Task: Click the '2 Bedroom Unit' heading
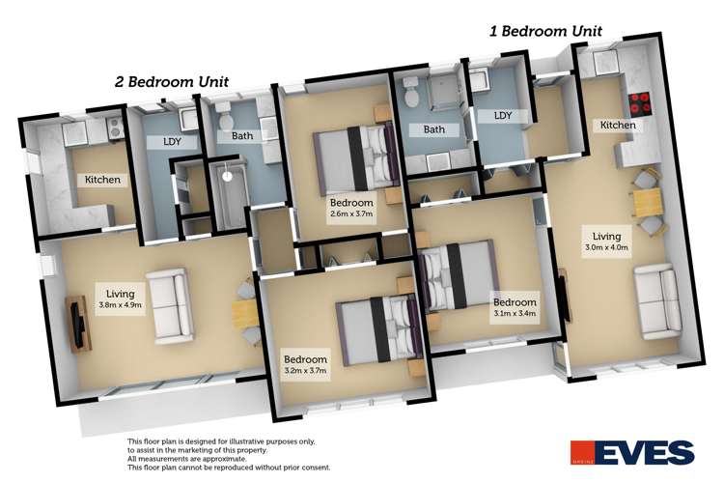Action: (171, 82)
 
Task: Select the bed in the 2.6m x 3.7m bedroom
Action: (355, 156)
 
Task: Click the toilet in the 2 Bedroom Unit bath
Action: (224, 120)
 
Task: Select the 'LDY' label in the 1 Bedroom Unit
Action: (502, 115)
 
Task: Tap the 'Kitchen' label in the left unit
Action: (102, 180)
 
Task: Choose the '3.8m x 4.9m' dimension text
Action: (122, 304)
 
